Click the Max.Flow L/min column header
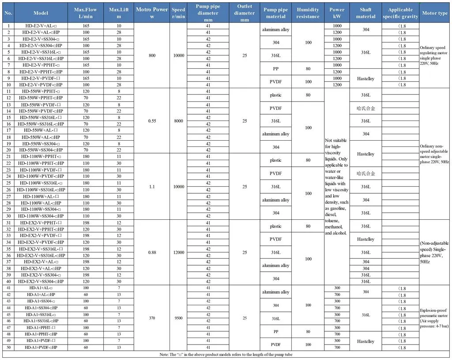pyautogui.click(x=86, y=13)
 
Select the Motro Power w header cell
pyautogui.click(x=151, y=13)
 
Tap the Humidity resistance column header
pyautogui.click(x=308, y=13)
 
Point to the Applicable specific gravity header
pyautogui.click(x=400, y=13)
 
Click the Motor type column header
pyautogui.click(x=435, y=13)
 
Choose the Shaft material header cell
pyautogui.click(x=365, y=13)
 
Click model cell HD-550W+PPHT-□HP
pyautogui.click(x=42, y=97)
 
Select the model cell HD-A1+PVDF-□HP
pyautogui.click(x=42, y=348)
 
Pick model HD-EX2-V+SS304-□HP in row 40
pyautogui.click(x=42, y=281)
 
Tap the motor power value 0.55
pyautogui.click(x=151, y=120)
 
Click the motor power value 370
pyautogui.click(x=151, y=318)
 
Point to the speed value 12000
pyautogui.click(x=178, y=252)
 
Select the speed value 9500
pyautogui.click(x=178, y=318)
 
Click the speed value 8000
pyautogui.click(x=178, y=120)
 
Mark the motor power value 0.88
pyautogui.click(x=151, y=252)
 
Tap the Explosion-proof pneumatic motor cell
pyautogui.click(x=435, y=318)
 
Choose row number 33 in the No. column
pyautogui.click(x=8, y=236)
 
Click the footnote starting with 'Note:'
pyautogui.click(x=226, y=355)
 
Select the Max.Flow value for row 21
pyautogui.click(x=86, y=157)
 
